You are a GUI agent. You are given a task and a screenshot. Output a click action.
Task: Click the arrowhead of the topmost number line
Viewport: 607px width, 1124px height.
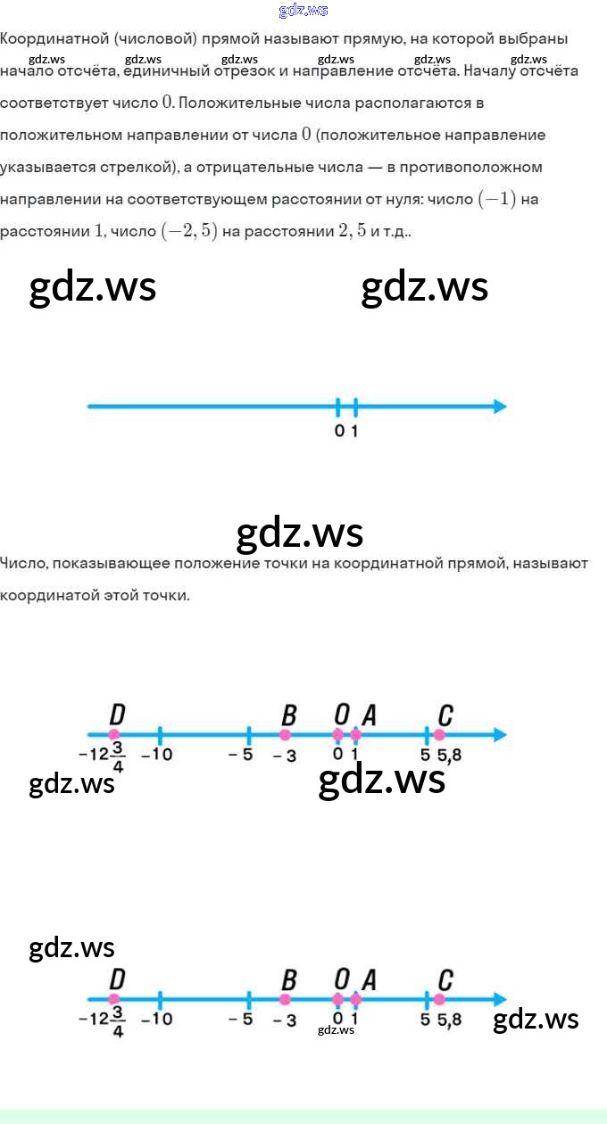click(500, 407)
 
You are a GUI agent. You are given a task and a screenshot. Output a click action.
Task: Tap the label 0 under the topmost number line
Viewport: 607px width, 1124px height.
click(338, 432)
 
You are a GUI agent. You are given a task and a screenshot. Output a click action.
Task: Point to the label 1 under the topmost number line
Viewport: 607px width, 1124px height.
click(355, 432)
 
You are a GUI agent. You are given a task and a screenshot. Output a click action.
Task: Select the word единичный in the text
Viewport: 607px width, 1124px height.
click(164, 70)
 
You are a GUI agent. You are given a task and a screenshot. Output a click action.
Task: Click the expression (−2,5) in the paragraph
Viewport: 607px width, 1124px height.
click(188, 231)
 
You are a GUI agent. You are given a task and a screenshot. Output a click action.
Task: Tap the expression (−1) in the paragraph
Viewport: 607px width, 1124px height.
click(497, 199)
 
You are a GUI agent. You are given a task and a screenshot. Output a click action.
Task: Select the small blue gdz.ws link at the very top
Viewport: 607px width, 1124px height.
click(303, 11)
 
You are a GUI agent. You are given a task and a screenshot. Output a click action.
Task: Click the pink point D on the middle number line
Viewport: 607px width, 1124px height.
click(114, 735)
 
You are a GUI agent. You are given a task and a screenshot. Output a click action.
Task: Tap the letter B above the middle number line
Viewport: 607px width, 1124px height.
click(288, 715)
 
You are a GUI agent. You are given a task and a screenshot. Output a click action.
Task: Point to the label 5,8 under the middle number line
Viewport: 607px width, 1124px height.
click(450, 756)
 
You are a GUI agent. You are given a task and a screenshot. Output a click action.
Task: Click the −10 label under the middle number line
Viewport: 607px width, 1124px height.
click(157, 756)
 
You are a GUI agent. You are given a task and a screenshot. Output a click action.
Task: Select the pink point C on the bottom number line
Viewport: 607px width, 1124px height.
click(439, 1000)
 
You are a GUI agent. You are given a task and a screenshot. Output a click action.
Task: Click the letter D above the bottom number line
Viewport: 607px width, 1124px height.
click(116, 980)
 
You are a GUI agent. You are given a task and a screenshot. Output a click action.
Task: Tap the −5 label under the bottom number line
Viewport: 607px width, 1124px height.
click(241, 1020)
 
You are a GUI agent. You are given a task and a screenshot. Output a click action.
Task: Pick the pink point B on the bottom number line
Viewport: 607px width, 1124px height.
click(286, 1000)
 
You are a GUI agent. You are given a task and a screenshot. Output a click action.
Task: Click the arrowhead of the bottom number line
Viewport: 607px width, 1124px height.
click(500, 1000)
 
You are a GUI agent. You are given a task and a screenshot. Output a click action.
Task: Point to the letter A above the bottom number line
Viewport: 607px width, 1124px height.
click(369, 980)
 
